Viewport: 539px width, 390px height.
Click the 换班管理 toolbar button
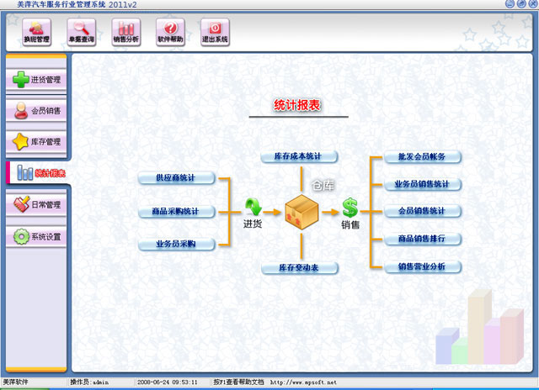pyautogui.click(x=37, y=33)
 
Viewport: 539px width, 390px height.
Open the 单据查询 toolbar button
pyautogui.click(x=81, y=33)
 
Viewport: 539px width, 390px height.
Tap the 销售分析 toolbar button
pyautogui.click(x=125, y=33)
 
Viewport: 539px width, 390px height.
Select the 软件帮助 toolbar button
pyautogui.click(x=169, y=33)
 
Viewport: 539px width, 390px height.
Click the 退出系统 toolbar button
pyautogui.click(x=214, y=33)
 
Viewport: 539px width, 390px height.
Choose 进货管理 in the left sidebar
pyautogui.click(x=36, y=80)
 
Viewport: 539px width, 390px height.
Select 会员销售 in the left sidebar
pyautogui.click(x=36, y=110)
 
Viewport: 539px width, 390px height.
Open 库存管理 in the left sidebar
pyautogui.click(x=36, y=141)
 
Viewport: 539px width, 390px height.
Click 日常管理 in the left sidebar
pyautogui.click(x=36, y=204)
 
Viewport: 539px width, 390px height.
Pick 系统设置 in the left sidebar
pyautogui.click(x=36, y=237)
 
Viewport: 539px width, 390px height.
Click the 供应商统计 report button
pyautogui.click(x=175, y=178)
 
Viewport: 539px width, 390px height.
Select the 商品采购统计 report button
pyautogui.click(x=175, y=211)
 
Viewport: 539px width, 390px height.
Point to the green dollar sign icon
pyautogui.click(x=350, y=208)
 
